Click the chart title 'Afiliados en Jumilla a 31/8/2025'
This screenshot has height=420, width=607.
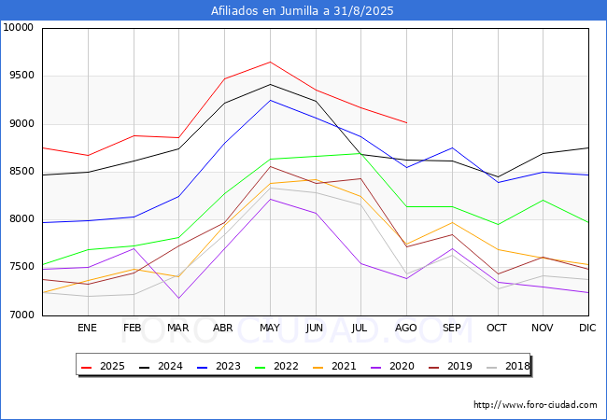pos(303,11)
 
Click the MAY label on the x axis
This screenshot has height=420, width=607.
pos(269,329)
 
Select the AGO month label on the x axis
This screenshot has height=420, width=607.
pos(406,329)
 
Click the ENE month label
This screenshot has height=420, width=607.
pos(87,329)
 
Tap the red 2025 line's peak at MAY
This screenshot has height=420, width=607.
pos(270,62)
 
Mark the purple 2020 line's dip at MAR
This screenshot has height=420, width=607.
pos(178,299)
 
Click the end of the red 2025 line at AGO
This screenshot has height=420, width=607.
pos(406,122)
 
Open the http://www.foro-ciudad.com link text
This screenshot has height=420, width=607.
pos(535,405)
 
